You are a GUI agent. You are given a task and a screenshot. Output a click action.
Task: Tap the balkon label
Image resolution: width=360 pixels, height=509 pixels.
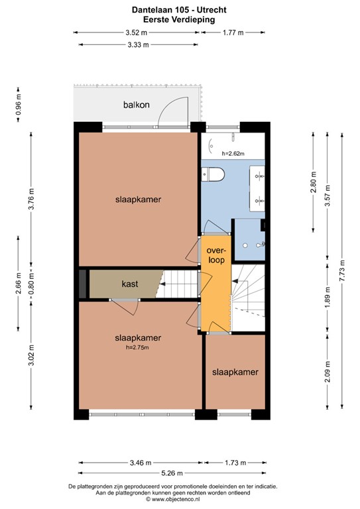tap(136, 105)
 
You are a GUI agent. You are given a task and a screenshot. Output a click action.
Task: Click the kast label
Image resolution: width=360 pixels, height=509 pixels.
tap(129, 284)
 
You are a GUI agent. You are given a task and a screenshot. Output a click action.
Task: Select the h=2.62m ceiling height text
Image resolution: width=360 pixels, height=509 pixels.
tap(233, 153)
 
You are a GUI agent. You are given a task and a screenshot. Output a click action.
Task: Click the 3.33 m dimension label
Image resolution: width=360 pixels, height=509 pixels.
tap(137, 44)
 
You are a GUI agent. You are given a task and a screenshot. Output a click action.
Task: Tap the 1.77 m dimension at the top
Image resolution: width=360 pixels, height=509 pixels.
tap(232, 32)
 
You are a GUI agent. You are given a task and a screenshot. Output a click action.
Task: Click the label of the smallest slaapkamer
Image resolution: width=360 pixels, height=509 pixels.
tap(235, 372)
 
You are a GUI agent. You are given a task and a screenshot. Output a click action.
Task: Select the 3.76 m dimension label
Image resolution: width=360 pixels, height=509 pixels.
tap(31, 199)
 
